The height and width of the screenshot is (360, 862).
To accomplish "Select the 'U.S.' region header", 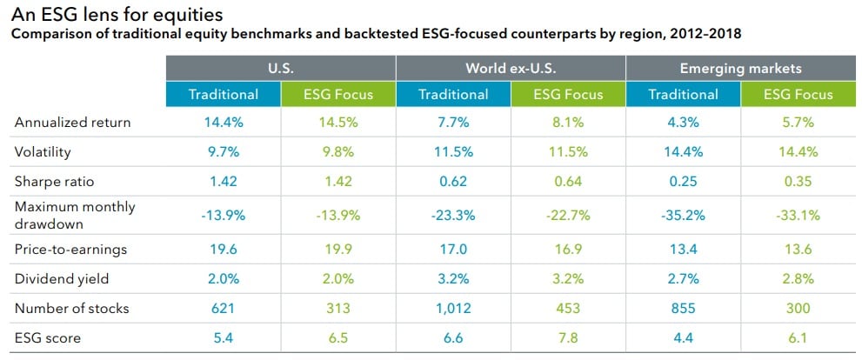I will (x=282, y=68).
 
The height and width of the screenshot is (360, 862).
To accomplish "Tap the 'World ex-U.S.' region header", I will (x=511, y=68).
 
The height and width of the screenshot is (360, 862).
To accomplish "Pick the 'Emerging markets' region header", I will (x=740, y=68).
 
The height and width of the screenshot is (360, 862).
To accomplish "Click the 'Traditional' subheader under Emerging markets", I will (x=684, y=94).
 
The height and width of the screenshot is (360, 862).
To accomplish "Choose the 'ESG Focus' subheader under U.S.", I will (x=339, y=94).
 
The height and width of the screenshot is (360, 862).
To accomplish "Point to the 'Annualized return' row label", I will (x=72, y=123).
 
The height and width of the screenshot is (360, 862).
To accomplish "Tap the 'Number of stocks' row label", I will (x=70, y=308).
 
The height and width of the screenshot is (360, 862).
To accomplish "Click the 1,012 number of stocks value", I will (x=453, y=308).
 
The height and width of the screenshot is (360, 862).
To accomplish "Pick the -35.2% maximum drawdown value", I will (x=683, y=216).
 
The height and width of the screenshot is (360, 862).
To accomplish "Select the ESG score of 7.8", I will (x=568, y=337).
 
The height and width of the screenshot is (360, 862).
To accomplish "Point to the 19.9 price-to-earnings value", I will (x=338, y=250).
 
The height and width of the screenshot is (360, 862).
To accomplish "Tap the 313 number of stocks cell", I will (x=338, y=308).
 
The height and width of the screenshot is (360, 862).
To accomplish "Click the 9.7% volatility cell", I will (x=224, y=152).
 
